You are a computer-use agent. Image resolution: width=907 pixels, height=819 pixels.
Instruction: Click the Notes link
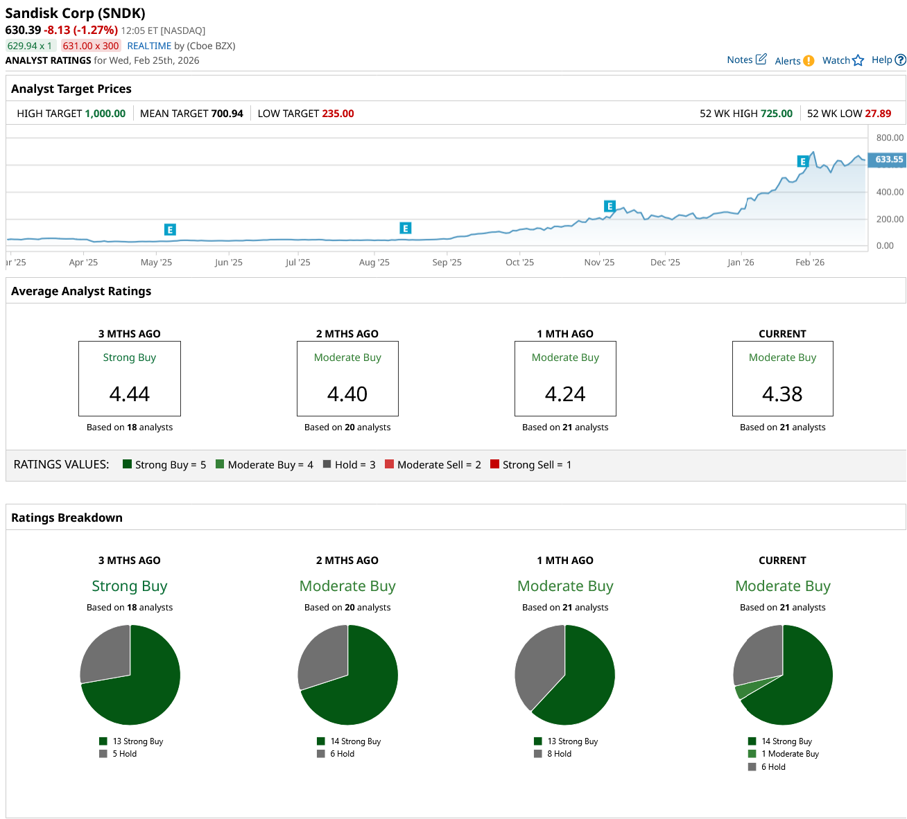746,60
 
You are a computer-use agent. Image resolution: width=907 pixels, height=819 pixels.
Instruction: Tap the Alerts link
794,61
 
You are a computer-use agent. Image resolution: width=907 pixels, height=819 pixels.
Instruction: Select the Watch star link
843,60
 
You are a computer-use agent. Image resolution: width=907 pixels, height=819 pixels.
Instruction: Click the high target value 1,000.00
105,114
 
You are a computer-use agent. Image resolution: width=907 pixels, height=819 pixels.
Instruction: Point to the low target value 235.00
338,114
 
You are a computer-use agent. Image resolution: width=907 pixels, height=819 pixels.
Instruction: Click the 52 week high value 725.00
776,114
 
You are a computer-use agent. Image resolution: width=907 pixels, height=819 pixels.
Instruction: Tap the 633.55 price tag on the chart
888,159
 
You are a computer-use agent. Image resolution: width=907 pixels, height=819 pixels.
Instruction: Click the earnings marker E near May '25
170,229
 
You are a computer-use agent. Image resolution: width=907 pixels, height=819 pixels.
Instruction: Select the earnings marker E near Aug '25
406,228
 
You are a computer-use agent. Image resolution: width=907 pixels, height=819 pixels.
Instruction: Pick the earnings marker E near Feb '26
803,161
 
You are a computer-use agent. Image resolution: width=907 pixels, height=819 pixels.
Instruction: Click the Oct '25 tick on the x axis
519,263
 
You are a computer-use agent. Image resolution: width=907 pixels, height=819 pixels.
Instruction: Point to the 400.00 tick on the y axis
890,192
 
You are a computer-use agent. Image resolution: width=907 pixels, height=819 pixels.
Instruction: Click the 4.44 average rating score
130,394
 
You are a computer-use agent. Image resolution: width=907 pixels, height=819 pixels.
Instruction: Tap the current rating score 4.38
782,394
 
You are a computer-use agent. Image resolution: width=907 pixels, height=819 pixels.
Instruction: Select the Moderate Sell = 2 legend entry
433,465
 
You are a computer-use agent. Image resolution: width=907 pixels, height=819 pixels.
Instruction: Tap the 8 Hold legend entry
553,754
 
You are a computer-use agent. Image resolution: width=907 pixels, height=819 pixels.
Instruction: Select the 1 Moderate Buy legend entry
784,754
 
